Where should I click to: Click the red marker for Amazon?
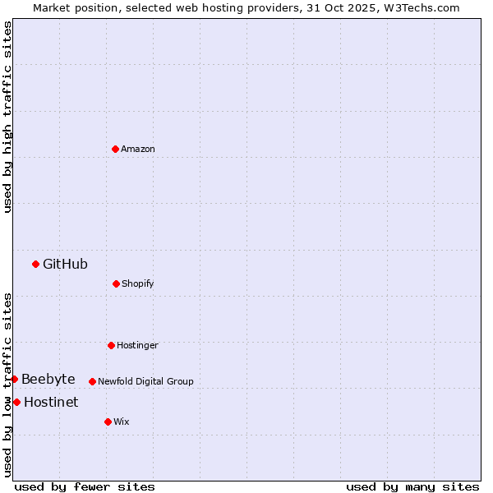tap(115, 149)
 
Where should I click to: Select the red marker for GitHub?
tap(35, 264)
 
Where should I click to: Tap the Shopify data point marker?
tap(116, 283)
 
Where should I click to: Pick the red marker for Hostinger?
tap(111, 345)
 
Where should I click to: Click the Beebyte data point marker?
tap(14, 379)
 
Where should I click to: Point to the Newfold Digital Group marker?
tap(92, 381)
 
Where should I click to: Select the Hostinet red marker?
tap(16, 402)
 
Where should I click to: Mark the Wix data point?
tap(108, 422)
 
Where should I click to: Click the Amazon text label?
tap(138, 149)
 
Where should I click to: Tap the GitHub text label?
tap(65, 264)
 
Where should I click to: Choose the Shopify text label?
tap(138, 283)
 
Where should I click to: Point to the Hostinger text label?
tap(137, 345)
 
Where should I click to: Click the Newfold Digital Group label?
tap(145, 381)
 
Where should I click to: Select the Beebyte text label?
tap(48, 379)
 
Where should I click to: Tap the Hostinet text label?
tap(51, 402)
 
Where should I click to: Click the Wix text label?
tap(122, 422)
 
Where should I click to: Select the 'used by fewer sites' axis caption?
tap(85, 486)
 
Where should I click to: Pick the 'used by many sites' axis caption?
tap(412, 486)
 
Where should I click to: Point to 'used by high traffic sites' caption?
tap(7, 117)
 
